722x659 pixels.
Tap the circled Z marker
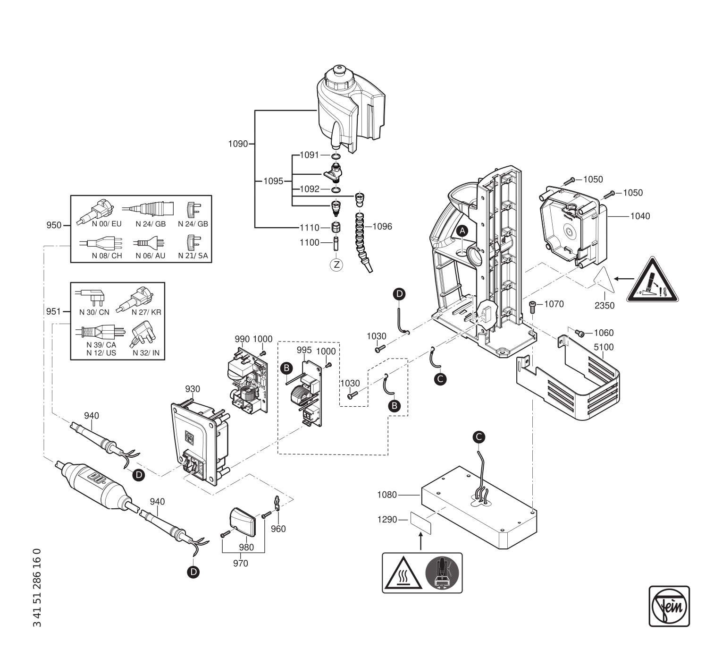(336, 265)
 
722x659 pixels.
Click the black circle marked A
(463, 231)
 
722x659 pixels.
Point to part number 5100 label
(604, 347)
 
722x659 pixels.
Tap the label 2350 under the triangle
(604, 306)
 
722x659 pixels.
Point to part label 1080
(387, 495)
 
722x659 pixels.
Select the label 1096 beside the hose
(382, 227)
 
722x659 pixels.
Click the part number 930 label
(193, 389)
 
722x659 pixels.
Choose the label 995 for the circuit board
(304, 350)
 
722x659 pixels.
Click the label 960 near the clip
(278, 529)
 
